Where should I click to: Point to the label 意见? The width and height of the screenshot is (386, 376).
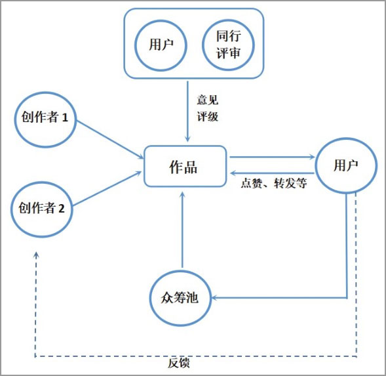click(x=208, y=100)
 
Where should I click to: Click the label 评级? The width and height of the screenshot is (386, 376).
click(x=208, y=116)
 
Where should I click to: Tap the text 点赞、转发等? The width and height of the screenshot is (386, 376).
click(x=274, y=183)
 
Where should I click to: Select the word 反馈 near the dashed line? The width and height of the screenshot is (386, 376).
click(x=179, y=363)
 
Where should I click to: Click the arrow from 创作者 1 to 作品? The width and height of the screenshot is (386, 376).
click(x=110, y=139)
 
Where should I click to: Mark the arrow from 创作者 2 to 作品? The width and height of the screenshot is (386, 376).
click(x=107, y=188)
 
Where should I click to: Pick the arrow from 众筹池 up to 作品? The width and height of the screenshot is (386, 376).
click(x=182, y=230)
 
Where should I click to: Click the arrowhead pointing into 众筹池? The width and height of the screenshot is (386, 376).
click(x=214, y=298)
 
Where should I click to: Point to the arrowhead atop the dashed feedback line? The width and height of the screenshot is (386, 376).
click(x=36, y=255)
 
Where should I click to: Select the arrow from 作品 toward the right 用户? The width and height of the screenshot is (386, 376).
click(x=272, y=157)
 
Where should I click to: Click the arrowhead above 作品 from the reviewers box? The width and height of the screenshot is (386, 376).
click(x=187, y=139)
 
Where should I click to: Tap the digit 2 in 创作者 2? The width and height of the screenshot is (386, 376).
click(x=62, y=209)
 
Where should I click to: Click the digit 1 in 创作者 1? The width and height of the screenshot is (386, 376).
click(x=65, y=117)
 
